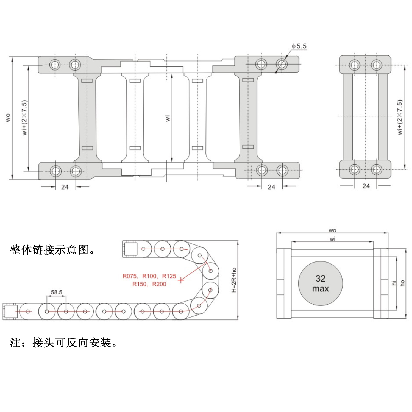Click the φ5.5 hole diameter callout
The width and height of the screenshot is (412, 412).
pos(299,46)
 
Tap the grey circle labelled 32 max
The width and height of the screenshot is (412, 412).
pos(320,283)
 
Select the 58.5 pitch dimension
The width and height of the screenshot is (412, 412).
pos(57,292)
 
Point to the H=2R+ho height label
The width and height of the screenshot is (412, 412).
pos(234,280)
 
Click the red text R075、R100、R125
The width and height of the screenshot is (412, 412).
pos(149,276)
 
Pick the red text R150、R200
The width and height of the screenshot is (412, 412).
pos(149,284)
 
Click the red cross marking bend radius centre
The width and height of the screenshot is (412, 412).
pos(181,280)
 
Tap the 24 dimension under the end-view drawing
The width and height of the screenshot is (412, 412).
pos(366,186)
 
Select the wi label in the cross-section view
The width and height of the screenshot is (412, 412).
pos(332,239)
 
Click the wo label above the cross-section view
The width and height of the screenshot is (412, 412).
pos(332,230)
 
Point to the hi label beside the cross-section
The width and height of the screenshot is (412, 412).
pos(394,283)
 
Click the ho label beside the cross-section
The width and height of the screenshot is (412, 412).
pos(402,283)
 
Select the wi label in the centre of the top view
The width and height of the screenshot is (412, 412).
pos(168,118)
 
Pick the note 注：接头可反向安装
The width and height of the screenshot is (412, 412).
pos(63,343)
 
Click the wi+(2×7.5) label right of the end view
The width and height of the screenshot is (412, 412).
pos(400,117)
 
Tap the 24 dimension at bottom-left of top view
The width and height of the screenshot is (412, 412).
pos(65,187)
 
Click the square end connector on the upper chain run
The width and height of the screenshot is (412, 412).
pos(130,249)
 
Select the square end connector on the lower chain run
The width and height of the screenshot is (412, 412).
pos(10,311)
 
